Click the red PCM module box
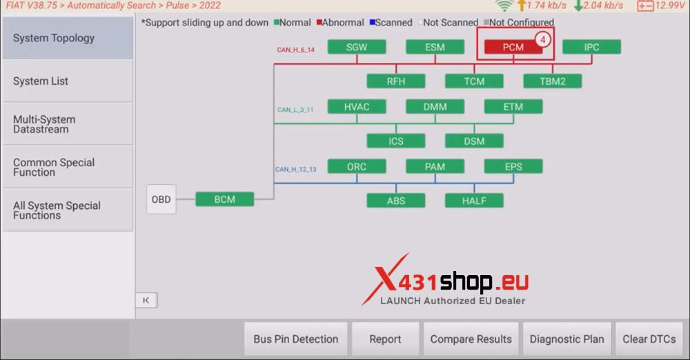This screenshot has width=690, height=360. coord(513,48)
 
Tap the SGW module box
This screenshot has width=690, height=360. coord(356,48)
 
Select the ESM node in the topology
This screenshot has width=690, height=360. coord(435,48)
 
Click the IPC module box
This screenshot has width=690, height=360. coord(591,48)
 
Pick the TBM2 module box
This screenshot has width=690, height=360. coord(552,81)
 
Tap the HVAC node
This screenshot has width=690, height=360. coord(356,107)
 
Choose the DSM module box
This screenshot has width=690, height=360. coord(474,141)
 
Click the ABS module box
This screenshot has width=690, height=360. coord(395,201)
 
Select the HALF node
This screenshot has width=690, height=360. coord(474,201)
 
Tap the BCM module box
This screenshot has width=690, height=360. coord(224,199)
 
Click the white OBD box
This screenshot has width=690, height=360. coord(161,199)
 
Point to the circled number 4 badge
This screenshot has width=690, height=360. coord(543,40)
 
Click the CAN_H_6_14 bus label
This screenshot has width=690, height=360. coord(295,50)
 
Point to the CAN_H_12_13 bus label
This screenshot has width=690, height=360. coord(295,169)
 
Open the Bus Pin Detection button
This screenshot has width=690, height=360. coord(295,339)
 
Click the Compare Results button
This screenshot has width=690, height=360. coord(471,339)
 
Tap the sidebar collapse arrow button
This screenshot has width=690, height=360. coord(146,301)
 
